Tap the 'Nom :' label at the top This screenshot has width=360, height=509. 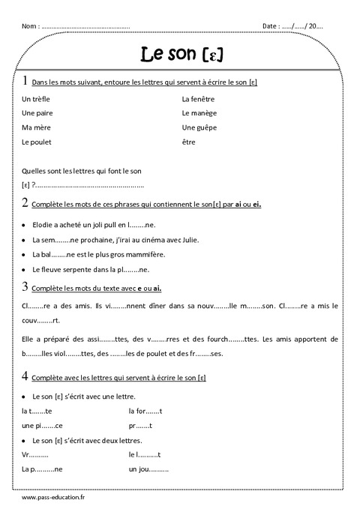point(31,26)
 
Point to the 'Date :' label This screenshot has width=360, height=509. point(271,26)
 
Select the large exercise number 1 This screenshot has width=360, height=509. point(25,80)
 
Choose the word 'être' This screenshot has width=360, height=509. point(189,142)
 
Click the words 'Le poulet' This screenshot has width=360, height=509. point(37,142)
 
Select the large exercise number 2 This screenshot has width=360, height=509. point(25,202)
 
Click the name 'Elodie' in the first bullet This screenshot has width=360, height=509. point(43,224)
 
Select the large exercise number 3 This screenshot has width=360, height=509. point(25,286)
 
